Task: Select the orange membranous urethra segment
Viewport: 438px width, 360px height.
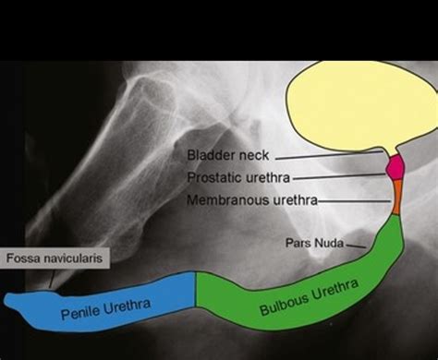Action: point(396,196)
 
